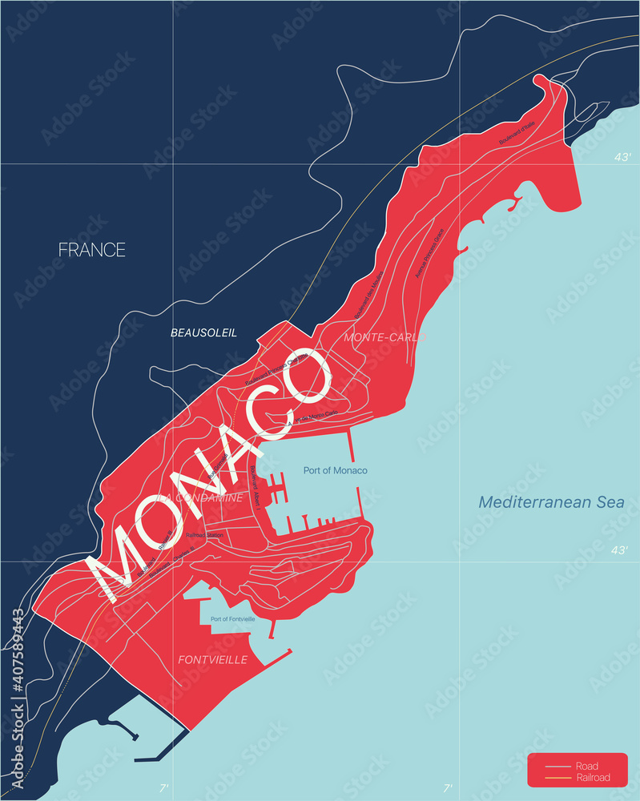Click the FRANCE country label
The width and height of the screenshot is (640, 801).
tap(92, 250)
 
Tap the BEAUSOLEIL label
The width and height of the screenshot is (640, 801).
tap(203, 332)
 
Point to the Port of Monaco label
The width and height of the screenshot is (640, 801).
tap(335, 470)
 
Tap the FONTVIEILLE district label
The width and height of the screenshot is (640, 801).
tap(211, 660)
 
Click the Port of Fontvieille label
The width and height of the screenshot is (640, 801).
tap(232, 619)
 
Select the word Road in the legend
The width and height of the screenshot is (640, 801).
tap(586, 767)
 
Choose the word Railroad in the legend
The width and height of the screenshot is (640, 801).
tap(593, 778)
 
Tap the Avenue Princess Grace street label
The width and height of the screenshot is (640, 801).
tap(430, 252)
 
